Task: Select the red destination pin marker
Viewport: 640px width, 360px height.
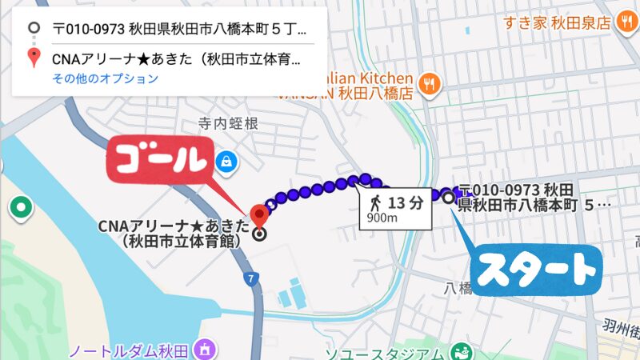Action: pyautogui.click(x=258, y=214)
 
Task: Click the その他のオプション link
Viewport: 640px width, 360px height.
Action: pyautogui.click(x=106, y=78)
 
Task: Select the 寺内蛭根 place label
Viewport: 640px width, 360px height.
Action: pyautogui.click(x=229, y=124)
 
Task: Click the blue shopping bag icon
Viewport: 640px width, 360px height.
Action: pyautogui.click(x=228, y=160)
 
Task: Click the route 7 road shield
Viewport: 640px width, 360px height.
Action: pyautogui.click(x=251, y=278)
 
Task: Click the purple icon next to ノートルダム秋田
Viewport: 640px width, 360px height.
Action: pyautogui.click(x=206, y=350)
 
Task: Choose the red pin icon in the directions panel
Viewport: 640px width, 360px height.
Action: pyautogui.click(x=33, y=58)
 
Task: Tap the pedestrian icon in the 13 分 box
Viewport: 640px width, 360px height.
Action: pyautogui.click(x=376, y=202)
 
